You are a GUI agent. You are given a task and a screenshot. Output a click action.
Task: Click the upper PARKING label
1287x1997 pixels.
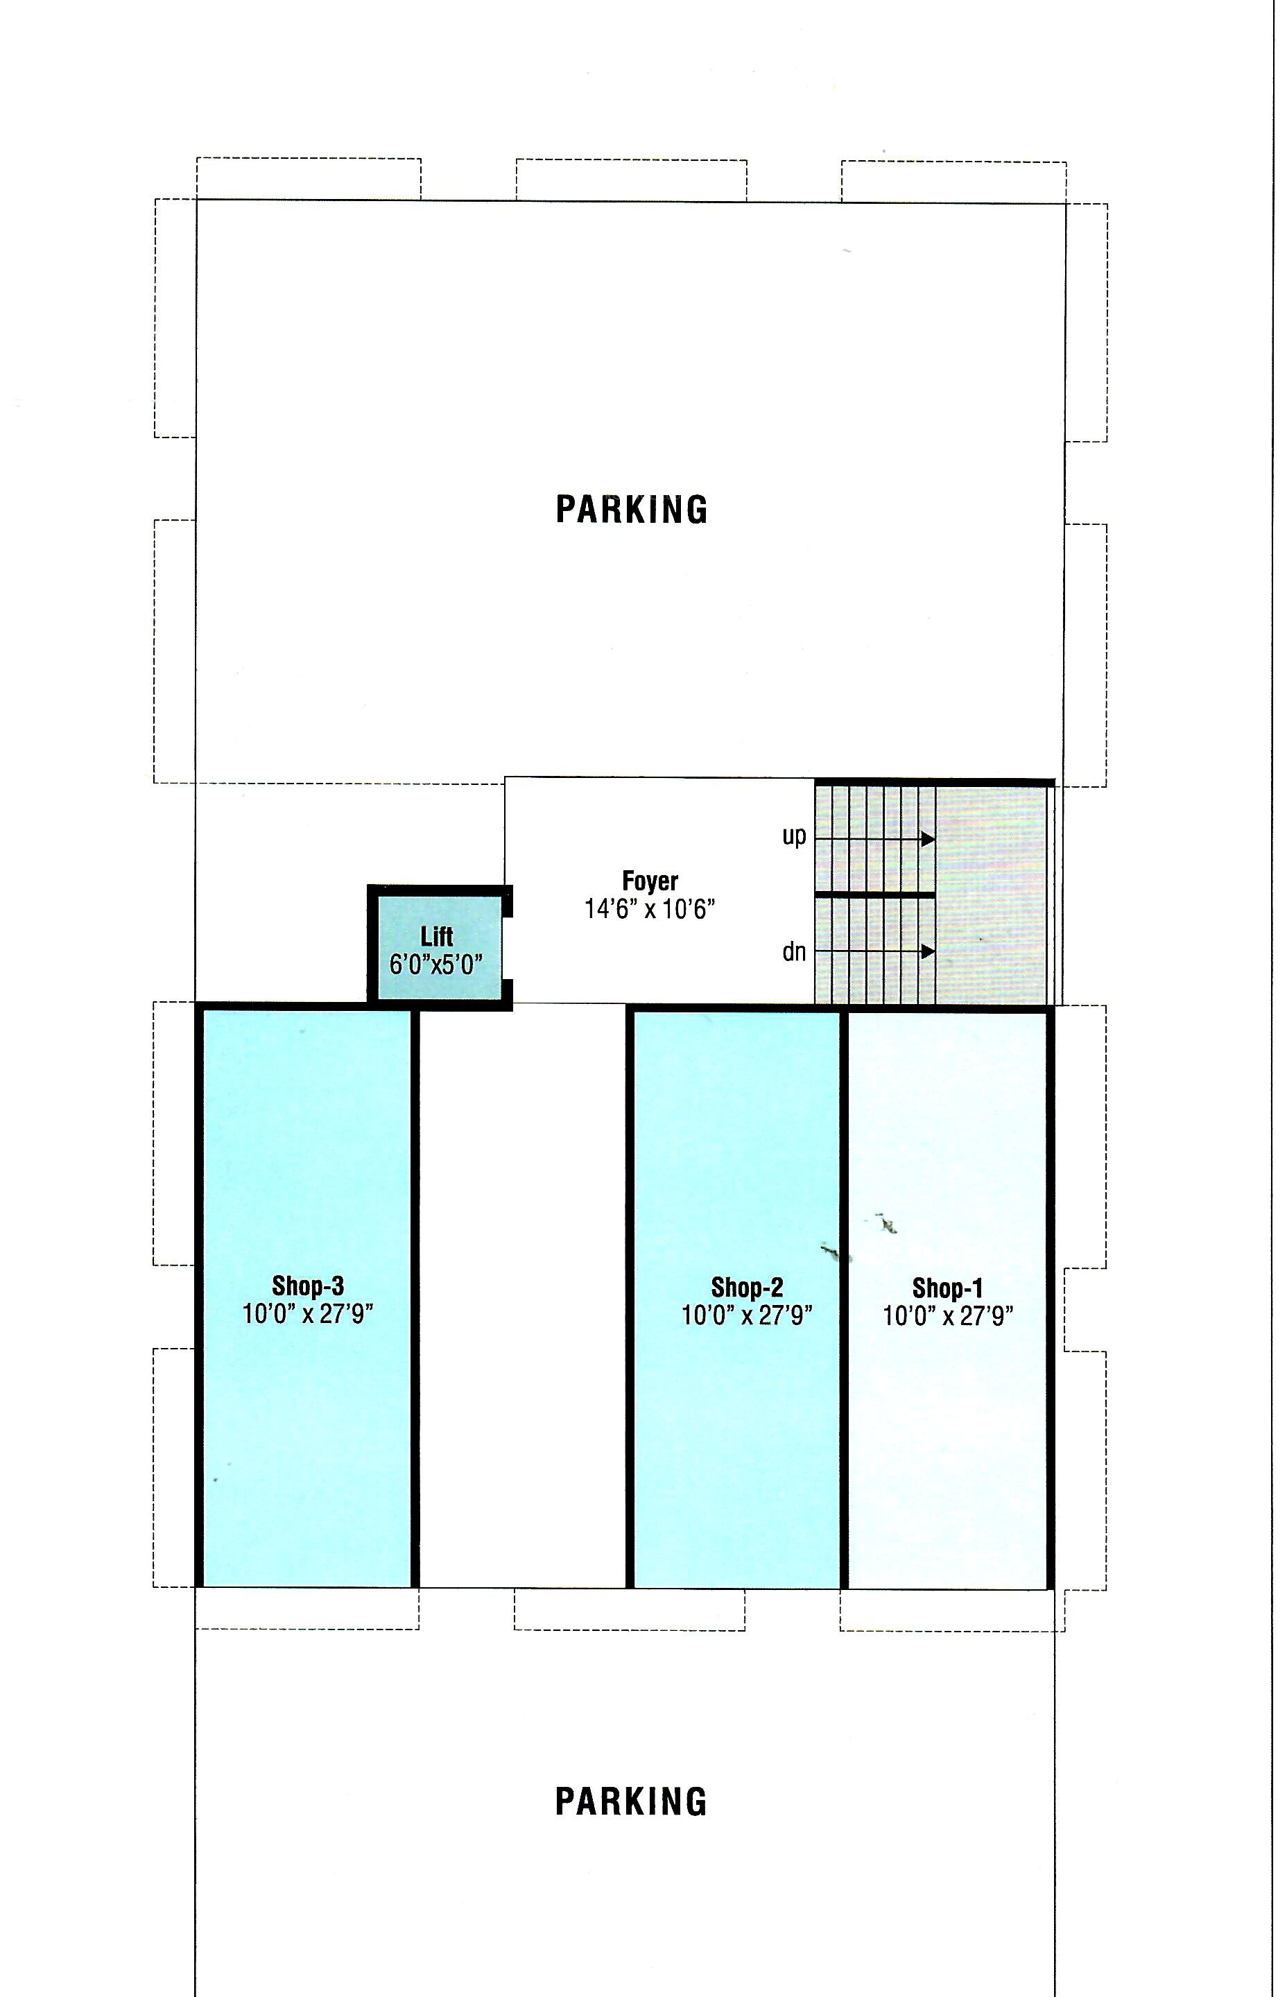tap(632, 509)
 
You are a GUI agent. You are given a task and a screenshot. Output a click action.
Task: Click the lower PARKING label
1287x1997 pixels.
tap(632, 1802)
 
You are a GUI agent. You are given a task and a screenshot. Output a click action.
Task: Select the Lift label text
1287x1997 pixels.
tap(437, 937)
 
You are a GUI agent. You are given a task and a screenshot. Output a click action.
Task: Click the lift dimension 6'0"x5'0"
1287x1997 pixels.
tap(437, 965)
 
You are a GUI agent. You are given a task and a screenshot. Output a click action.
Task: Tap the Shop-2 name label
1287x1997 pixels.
tap(747, 1288)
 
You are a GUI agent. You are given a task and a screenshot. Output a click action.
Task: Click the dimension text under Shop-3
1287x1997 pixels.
tap(308, 1313)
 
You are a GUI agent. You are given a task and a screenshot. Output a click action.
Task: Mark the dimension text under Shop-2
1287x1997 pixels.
tap(747, 1315)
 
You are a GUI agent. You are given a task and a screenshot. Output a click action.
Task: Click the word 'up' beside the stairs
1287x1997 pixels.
tap(794, 836)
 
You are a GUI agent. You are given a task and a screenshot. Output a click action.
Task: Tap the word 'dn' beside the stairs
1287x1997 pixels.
tap(794, 951)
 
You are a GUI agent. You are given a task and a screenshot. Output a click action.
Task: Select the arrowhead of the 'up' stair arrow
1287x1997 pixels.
tap(928, 838)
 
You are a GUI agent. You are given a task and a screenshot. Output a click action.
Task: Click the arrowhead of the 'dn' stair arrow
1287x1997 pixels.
tap(928, 951)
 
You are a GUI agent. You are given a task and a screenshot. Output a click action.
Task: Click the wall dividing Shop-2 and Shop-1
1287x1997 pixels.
tap(844, 1299)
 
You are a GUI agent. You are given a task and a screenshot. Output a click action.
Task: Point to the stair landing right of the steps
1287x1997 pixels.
tap(991, 894)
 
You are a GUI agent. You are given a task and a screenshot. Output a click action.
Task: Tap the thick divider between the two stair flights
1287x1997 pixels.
tap(875, 894)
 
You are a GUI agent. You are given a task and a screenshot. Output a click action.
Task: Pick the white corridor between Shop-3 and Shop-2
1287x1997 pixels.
tap(523, 1295)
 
